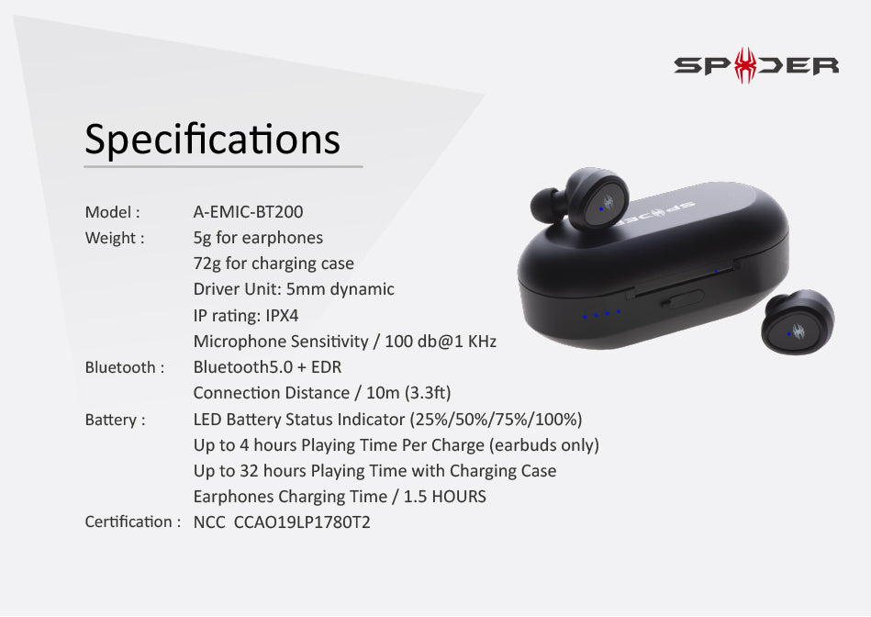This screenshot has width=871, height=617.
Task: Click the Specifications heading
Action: [x=212, y=140]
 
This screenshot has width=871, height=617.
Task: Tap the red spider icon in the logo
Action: [x=745, y=65]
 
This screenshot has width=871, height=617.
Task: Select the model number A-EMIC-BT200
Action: [x=249, y=212]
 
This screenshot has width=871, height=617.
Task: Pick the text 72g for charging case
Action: [x=274, y=264]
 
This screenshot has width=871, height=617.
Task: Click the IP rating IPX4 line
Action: [x=246, y=316]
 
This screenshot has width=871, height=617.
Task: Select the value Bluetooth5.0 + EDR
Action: [x=267, y=367]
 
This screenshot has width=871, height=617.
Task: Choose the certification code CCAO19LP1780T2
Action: [x=302, y=522]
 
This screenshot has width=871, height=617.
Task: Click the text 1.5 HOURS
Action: [x=444, y=497]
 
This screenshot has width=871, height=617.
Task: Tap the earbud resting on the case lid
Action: [x=580, y=199]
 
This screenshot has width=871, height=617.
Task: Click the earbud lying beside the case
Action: [x=798, y=322]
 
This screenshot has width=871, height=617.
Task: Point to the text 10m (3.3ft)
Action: [x=408, y=393]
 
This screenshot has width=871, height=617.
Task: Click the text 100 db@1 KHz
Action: [x=441, y=342]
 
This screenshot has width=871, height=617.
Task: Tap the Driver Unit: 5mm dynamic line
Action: [x=294, y=289]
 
